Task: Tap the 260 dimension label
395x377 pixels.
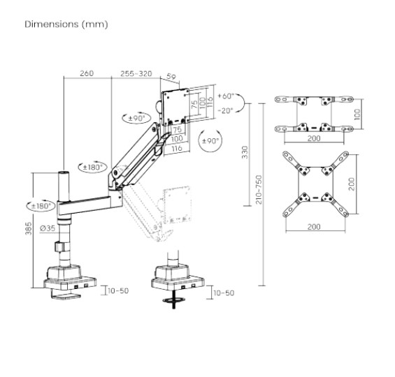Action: coord(87,73)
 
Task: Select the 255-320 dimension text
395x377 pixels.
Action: coord(137,73)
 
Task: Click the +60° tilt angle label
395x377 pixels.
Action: coord(227,96)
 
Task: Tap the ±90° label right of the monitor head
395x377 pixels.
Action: coord(210,140)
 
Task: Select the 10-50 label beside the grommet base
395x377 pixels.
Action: coord(224,294)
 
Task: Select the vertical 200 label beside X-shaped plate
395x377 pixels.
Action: coord(354,183)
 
